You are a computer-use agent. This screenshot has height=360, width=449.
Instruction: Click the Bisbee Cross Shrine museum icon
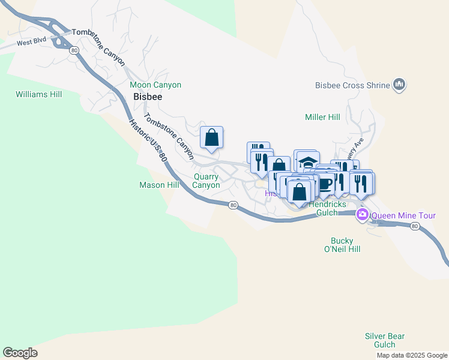coord(399,85)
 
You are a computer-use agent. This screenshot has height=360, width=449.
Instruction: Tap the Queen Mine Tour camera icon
coord(363,215)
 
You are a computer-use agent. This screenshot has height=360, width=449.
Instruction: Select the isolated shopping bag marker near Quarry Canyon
coord(211,137)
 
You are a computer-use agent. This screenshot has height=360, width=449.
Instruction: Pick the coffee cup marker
coord(325,183)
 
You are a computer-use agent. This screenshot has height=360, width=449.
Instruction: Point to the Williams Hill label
coord(38,94)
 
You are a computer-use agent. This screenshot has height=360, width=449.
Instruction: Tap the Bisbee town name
coord(148,97)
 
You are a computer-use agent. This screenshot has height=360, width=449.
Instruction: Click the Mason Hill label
coord(159,185)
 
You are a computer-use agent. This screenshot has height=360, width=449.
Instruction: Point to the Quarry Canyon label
coord(206,181)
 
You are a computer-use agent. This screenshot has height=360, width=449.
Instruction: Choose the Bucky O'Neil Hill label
coord(342,245)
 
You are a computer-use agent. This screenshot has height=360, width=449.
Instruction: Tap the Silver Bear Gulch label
coord(385,340)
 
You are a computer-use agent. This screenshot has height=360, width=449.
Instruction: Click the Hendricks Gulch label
coord(327,208)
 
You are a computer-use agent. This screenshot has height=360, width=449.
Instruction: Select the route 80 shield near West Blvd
coord(73,50)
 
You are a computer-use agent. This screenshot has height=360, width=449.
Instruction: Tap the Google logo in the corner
coord(20,353)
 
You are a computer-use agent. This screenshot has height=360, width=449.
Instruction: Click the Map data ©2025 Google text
coord(412,355)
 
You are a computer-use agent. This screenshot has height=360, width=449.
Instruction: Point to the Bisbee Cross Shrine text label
coord(353,85)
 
